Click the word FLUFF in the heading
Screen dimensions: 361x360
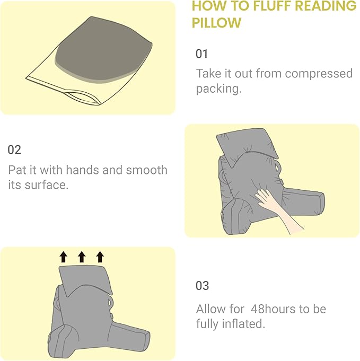click(x=262, y=6)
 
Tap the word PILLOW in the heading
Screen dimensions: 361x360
click(x=216, y=23)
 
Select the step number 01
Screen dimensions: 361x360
click(x=202, y=54)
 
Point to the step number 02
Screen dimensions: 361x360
click(x=14, y=150)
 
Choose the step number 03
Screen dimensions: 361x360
click(x=203, y=286)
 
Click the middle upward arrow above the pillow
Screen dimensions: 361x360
click(x=82, y=257)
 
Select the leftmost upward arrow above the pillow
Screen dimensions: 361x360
click(x=64, y=257)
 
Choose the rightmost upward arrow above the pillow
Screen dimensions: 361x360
click(x=100, y=257)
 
